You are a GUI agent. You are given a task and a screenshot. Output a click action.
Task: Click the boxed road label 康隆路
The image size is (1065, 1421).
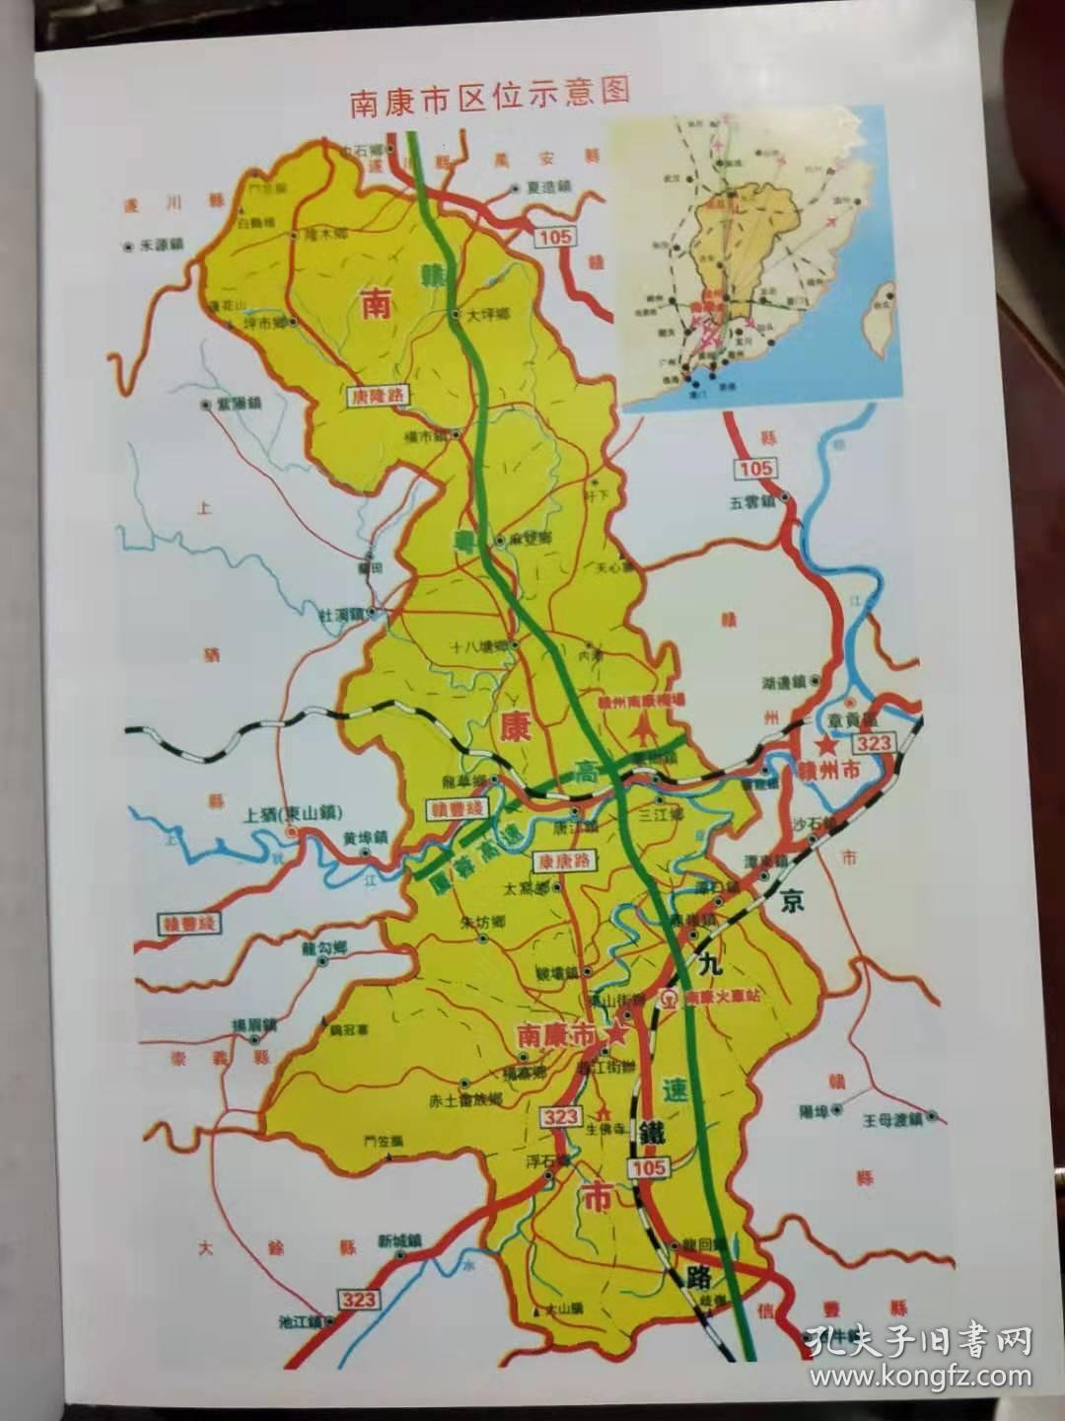click(377, 393)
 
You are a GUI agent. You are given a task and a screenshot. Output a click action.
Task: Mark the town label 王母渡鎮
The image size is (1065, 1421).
click(890, 1119)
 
